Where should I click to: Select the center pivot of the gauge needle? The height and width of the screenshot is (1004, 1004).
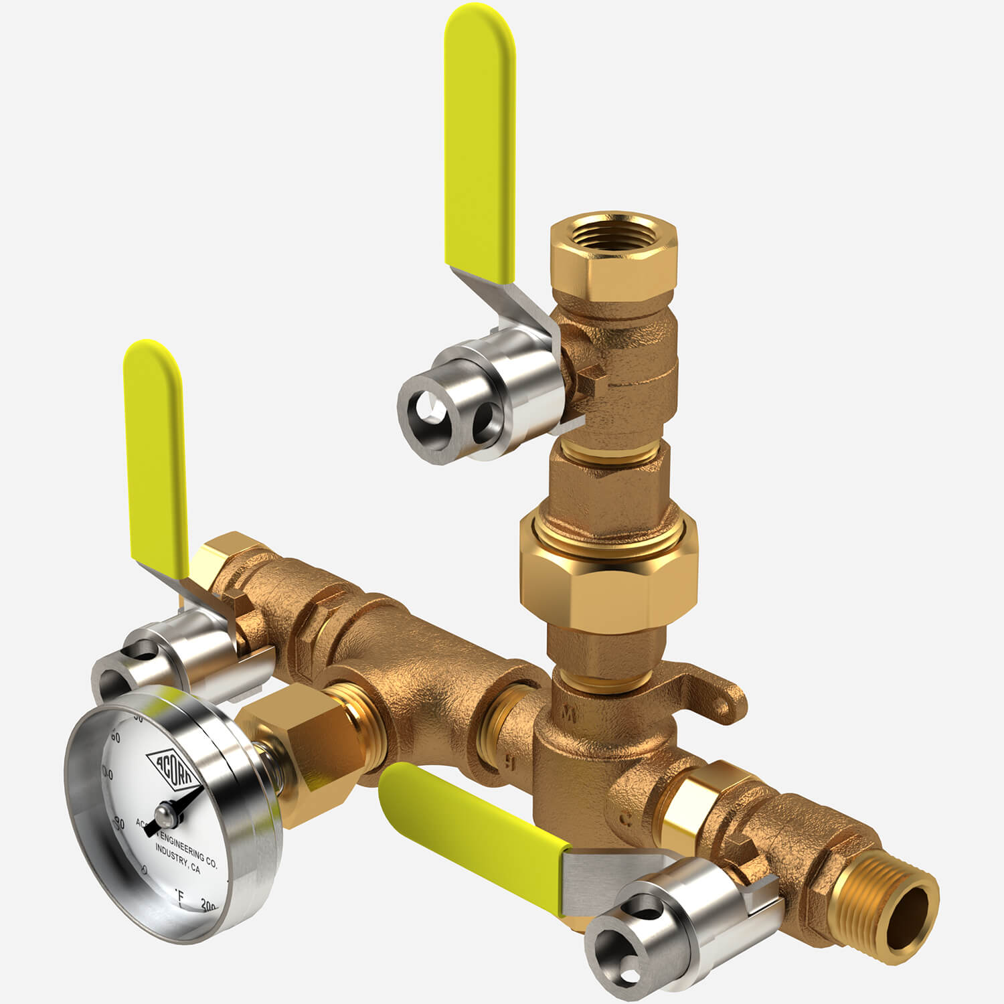pyautogui.click(x=165, y=813)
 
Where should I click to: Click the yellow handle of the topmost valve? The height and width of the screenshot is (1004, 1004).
pyautogui.click(x=480, y=134)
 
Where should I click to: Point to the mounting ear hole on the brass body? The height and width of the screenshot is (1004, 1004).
pyautogui.click(x=722, y=703)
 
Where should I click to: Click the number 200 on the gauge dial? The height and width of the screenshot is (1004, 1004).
pyautogui.click(x=210, y=906)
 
